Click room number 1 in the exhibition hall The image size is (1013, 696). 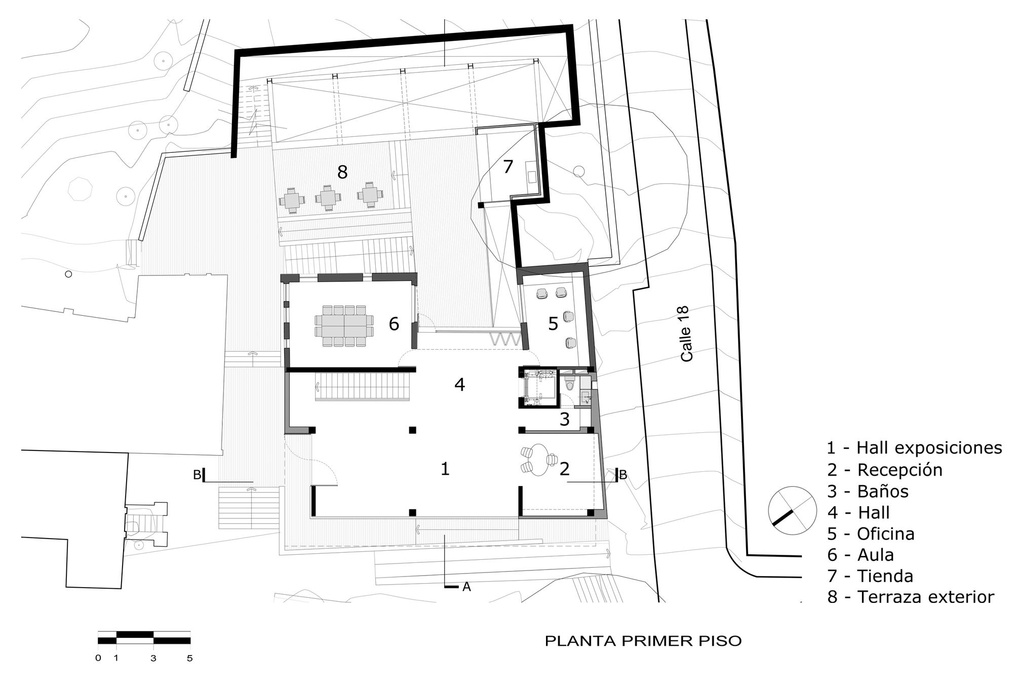tap(445, 469)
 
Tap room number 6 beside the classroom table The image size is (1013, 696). tap(394, 324)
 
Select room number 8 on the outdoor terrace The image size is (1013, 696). tap(342, 172)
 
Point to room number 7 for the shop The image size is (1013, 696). tap(508, 167)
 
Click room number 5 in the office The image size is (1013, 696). tap(553, 324)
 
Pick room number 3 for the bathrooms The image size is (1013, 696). tap(565, 420)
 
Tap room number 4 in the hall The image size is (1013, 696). tap(459, 385)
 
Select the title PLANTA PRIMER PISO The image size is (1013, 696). tap(643, 641)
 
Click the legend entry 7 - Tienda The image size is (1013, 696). tap(870, 576)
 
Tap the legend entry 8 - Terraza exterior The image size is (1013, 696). tap(911, 597)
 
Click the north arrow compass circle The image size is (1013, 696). tap(792, 511)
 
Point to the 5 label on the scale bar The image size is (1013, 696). tap(190, 659)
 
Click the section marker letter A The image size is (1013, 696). tap(466, 587)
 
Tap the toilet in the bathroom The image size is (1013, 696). tap(570, 385)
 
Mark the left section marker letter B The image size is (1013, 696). tap(197, 475)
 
